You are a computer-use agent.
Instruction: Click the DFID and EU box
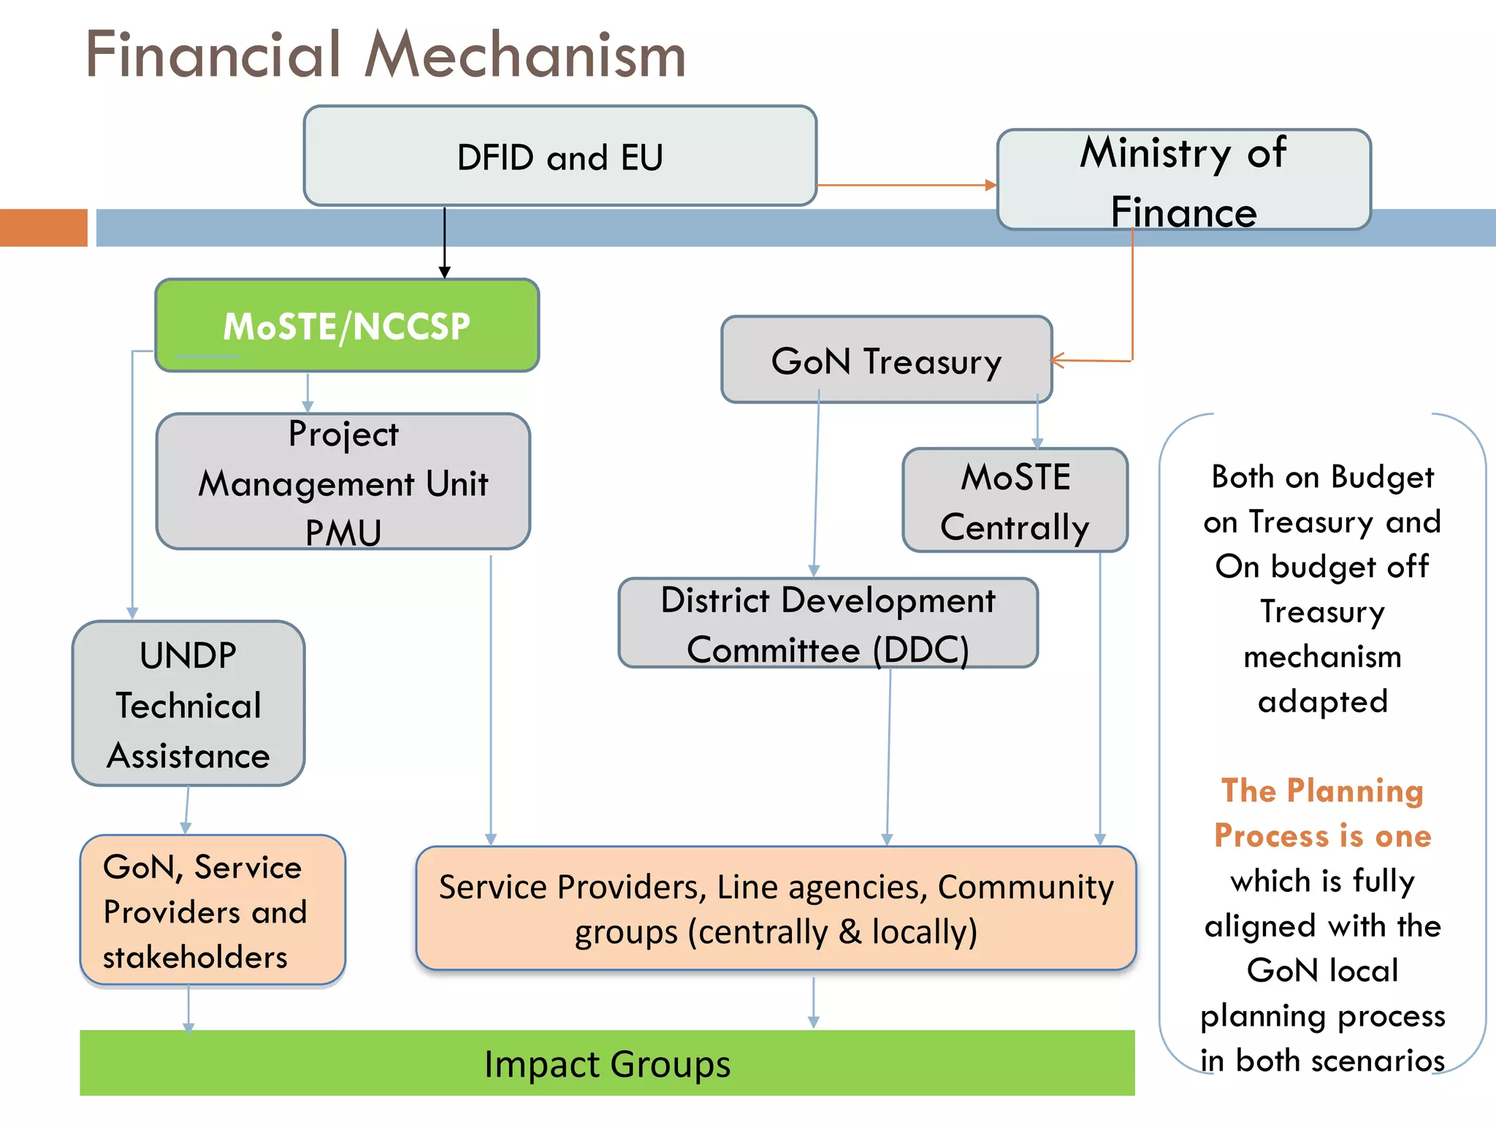click(560, 156)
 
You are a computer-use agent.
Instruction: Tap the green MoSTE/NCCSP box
click(347, 326)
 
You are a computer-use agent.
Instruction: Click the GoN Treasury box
click(886, 360)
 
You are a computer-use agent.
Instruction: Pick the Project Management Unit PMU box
click(343, 482)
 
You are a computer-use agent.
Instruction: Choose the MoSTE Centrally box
click(1015, 501)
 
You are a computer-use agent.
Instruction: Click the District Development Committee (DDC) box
click(828, 623)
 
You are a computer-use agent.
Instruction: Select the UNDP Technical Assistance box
click(188, 704)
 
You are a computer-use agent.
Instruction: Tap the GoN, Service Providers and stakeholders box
click(212, 911)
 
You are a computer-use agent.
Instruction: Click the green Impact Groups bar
click(606, 1064)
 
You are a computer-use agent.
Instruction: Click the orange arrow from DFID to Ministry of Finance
click(906, 186)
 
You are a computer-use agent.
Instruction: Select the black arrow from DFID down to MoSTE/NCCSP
click(444, 241)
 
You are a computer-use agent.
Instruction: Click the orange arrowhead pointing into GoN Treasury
click(1057, 359)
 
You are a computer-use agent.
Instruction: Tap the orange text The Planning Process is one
click(1322, 813)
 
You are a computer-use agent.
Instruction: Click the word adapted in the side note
click(1322, 701)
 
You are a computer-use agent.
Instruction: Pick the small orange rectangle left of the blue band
click(44, 227)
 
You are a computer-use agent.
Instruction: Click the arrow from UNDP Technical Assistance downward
click(187, 809)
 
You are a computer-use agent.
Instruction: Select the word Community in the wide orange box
click(1026, 887)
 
